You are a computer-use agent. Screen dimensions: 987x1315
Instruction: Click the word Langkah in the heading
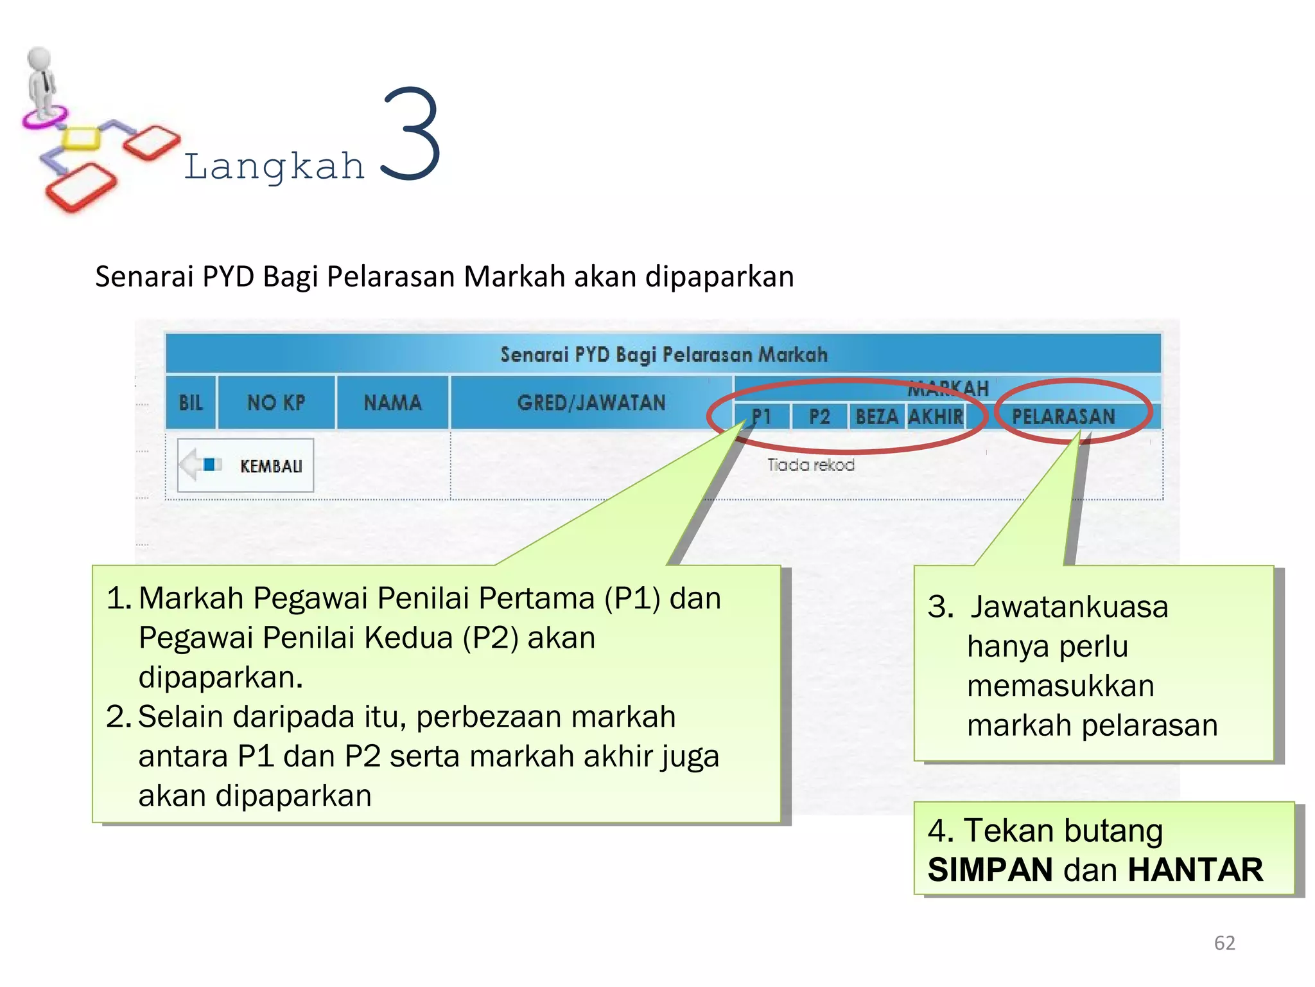pyautogui.click(x=274, y=166)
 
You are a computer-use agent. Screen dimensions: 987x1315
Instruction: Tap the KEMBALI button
pyautogui.click(x=245, y=465)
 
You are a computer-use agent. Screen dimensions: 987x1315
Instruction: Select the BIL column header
pyautogui.click(x=191, y=403)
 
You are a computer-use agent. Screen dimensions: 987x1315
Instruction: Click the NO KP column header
pyautogui.click(x=276, y=403)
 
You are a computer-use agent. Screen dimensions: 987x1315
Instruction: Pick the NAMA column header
pyautogui.click(x=392, y=403)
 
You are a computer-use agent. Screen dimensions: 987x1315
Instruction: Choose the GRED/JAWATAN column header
pyautogui.click(x=591, y=403)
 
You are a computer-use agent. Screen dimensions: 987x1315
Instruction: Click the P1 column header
pyautogui.click(x=762, y=416)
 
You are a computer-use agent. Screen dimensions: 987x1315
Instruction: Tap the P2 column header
pyautogui.click(x=819, y=416)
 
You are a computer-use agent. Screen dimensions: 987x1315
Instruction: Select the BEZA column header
pyautogui.click(x=876, y=416)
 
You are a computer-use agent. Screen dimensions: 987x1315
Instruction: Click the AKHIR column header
pyautogui.click(x=936, y=416)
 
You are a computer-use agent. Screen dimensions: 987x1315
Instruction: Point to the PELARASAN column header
pyautogui.click(x=1063, y=416)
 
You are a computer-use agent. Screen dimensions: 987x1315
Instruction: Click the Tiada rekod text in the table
pyautogui.click(x=811, y=465)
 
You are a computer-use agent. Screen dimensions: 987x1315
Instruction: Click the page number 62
pyautogui.click(x=1224, y=943)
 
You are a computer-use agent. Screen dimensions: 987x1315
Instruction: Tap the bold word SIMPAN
pyautogui.click(x=989, y=870)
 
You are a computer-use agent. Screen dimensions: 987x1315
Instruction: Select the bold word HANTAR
pyautogui.click(x=1195, y=870)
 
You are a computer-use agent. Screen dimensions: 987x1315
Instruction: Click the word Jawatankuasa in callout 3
pyautogui.click(x=1068, y=607)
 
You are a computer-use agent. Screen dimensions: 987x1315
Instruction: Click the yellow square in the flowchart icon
pyautogui.click(x=81, y=138)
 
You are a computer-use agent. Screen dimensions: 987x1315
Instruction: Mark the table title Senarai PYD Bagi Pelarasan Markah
pyautogui.click(x=663, y=355)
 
